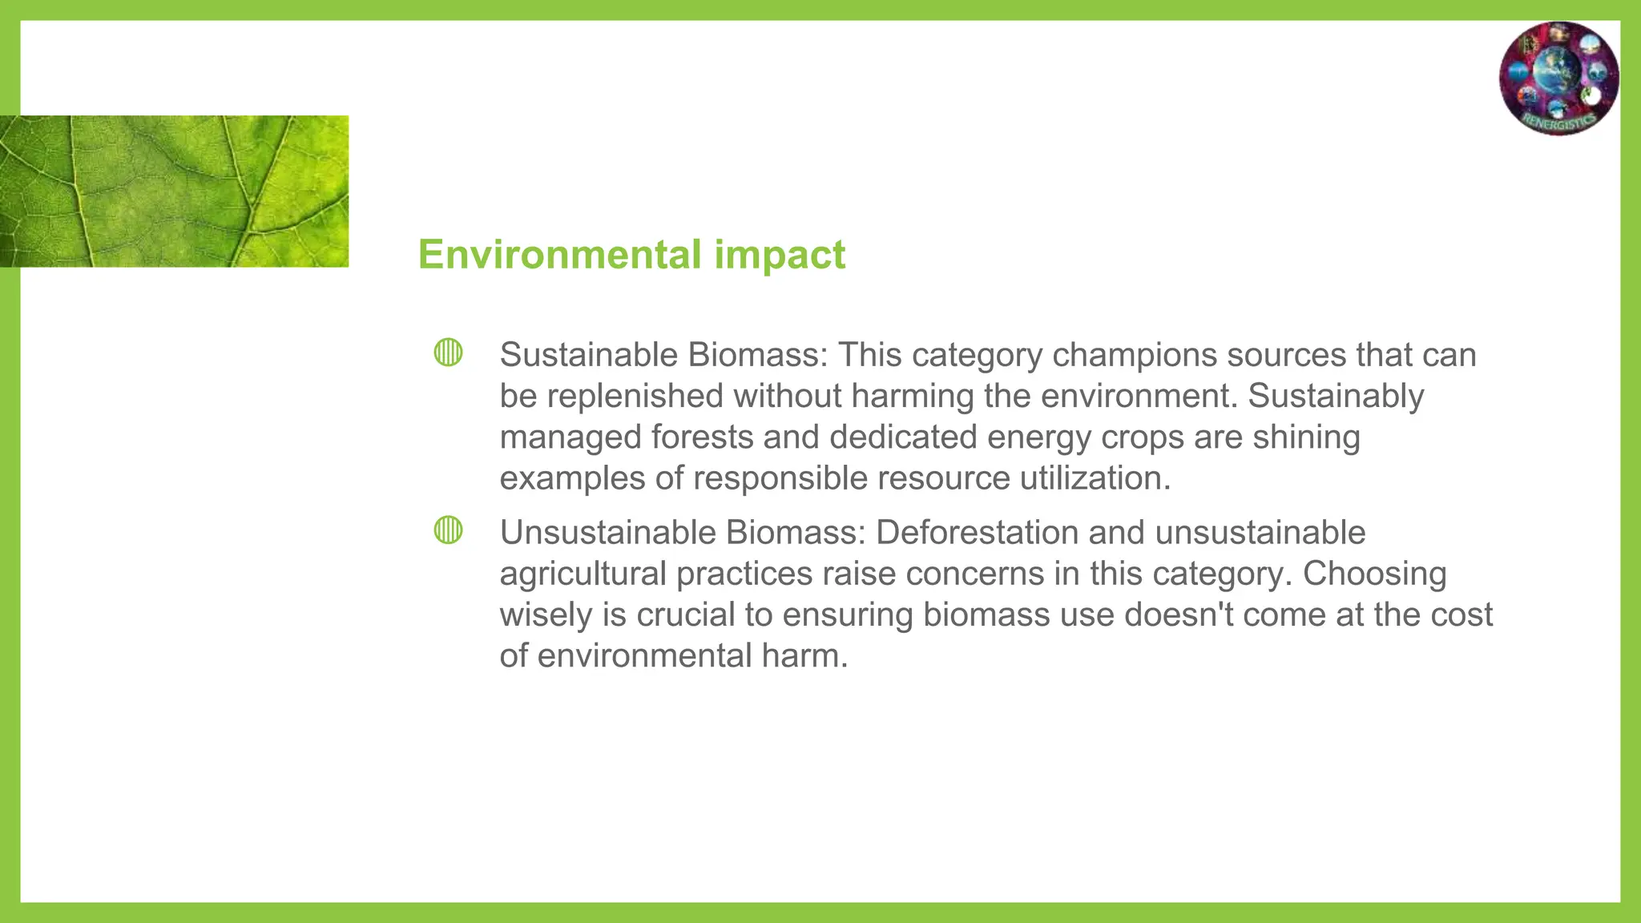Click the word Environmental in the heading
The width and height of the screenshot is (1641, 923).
[x=559, y=255]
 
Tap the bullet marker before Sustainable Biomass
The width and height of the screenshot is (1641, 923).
[x=448, y=353]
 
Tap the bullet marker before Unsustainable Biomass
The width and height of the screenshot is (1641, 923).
[x=448, y=530]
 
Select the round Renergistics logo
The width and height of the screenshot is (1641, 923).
[x=1558, y=78]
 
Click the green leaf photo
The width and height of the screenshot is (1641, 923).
[x=174, y=191]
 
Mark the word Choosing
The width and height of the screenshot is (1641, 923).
[x=1374, y=574]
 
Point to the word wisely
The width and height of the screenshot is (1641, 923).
[x=546, y=615]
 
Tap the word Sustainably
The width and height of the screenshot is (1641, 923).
[x=1336, y=396]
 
